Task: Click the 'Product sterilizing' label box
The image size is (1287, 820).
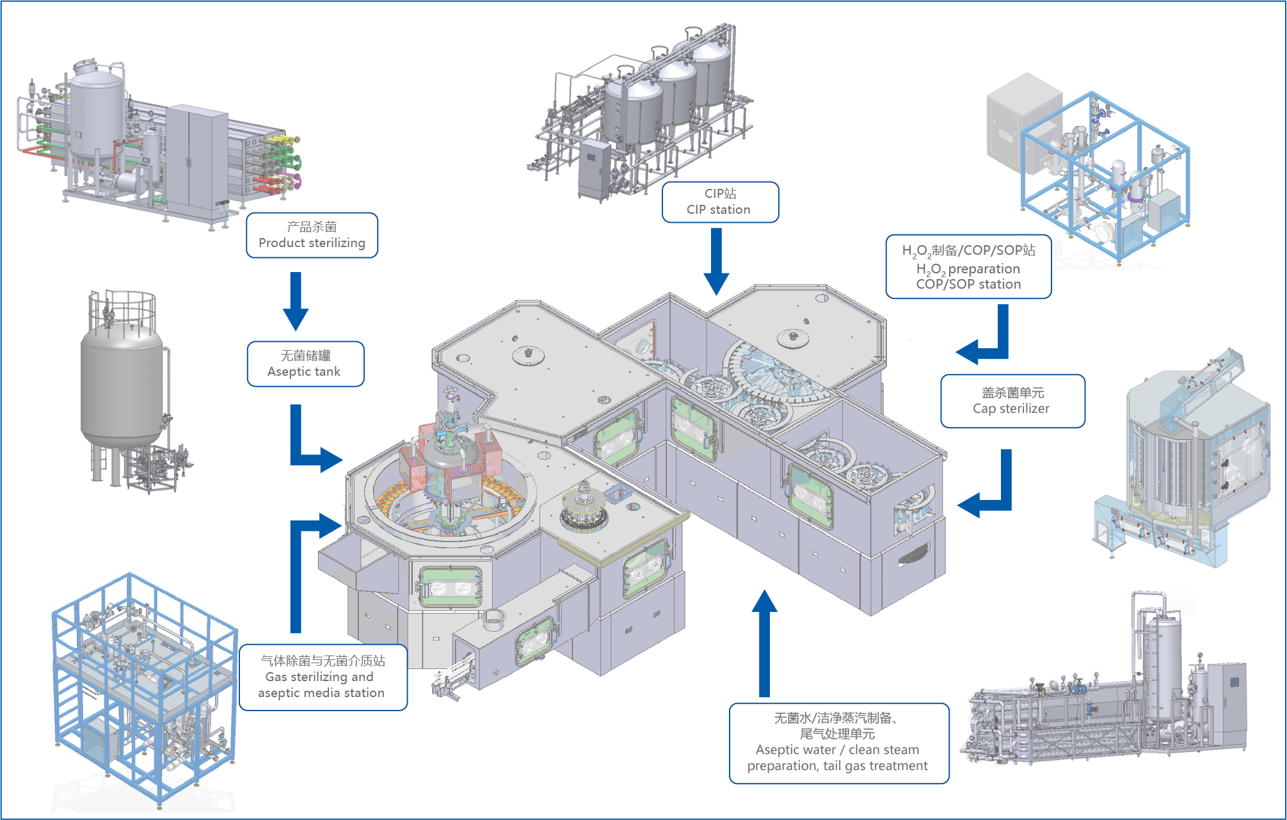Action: [312, 236]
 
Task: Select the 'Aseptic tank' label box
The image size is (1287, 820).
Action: [305, 364]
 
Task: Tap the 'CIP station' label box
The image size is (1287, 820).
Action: [720, 202]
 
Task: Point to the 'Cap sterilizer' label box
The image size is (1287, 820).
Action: [1012, 401]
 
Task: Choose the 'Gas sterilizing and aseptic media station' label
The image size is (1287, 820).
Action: [323, 677]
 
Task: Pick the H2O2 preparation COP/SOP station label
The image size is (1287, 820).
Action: [968, 267]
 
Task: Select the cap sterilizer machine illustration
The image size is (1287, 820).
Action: [1184, 461]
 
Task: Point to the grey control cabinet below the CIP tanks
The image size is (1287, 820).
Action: [595, 170]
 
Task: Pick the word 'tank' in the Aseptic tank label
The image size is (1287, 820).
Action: [328, 372]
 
